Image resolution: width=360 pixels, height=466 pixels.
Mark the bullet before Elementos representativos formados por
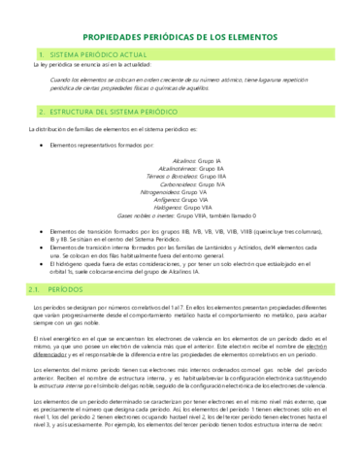pos(38,143)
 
